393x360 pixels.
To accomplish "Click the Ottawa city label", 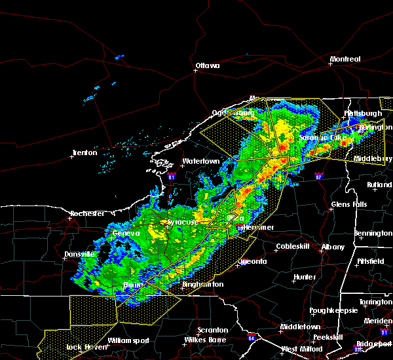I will point(208,65).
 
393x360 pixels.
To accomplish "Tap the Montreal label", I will point(346,59).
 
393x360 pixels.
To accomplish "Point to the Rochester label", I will point(87,213).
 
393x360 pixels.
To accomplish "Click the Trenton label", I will point(84,153).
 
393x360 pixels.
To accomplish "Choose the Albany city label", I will point(333,247).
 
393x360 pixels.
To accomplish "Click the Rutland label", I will point(379,185).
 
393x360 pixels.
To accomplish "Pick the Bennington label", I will point(373,234).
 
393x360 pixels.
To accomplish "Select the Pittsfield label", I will point(372,261).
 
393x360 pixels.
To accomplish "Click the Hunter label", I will point(305,277).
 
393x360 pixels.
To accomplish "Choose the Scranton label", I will point(214,330).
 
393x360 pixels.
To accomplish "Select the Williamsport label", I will point(128,340).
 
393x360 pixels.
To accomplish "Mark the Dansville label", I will point(79,254).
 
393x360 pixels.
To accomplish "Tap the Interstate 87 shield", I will point(318,177).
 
